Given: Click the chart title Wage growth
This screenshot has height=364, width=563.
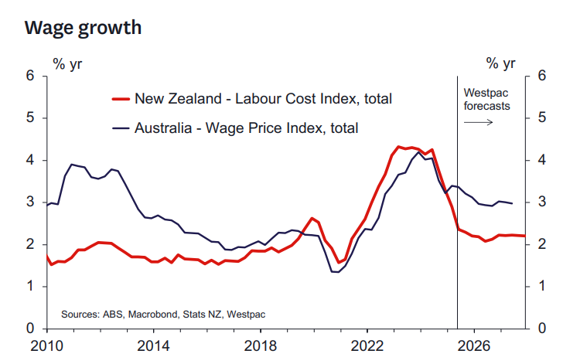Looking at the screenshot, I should pos(83,28).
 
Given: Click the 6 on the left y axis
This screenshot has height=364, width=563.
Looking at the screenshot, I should pos(30,76).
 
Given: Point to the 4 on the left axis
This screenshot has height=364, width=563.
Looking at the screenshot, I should pos(30,161).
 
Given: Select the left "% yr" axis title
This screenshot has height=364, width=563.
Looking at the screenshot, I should pos(67,63).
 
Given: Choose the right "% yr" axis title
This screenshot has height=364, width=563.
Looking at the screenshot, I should pos(500,63).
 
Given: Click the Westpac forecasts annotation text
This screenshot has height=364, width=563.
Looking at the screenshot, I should pos(486,99).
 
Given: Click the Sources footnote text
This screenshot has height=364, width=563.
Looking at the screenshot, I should pos(162,315).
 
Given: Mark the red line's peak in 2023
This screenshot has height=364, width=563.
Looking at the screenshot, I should pos(398,146).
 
